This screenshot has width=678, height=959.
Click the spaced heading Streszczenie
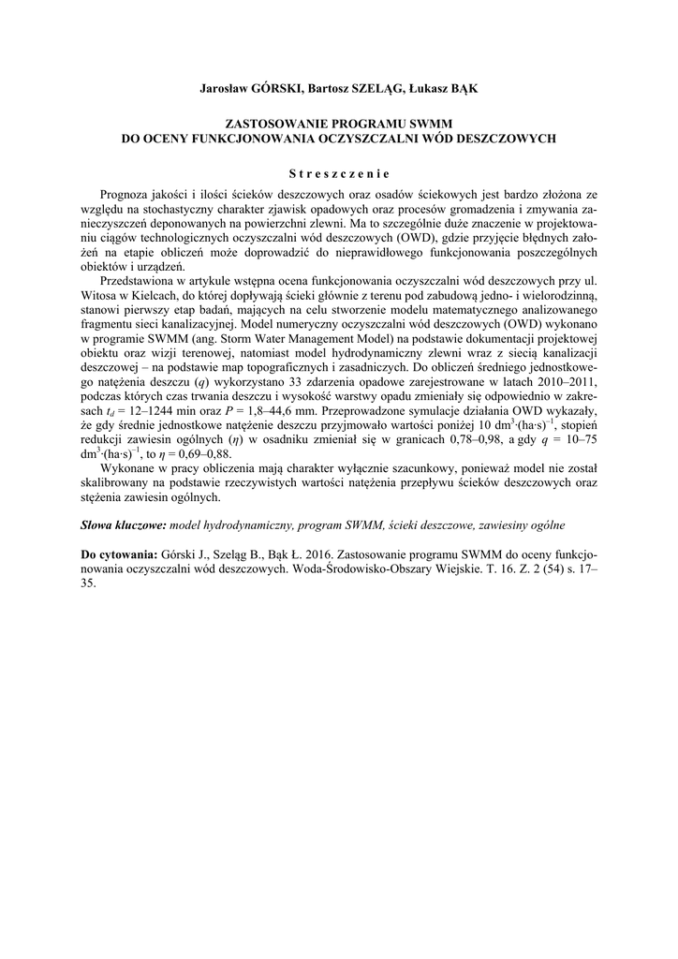[x=339, y=172]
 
